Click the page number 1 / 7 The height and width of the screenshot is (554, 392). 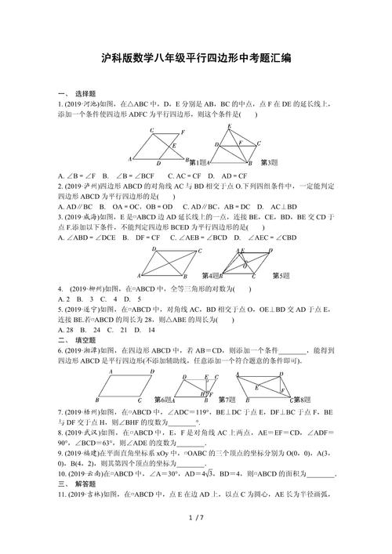tap(196, 538)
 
